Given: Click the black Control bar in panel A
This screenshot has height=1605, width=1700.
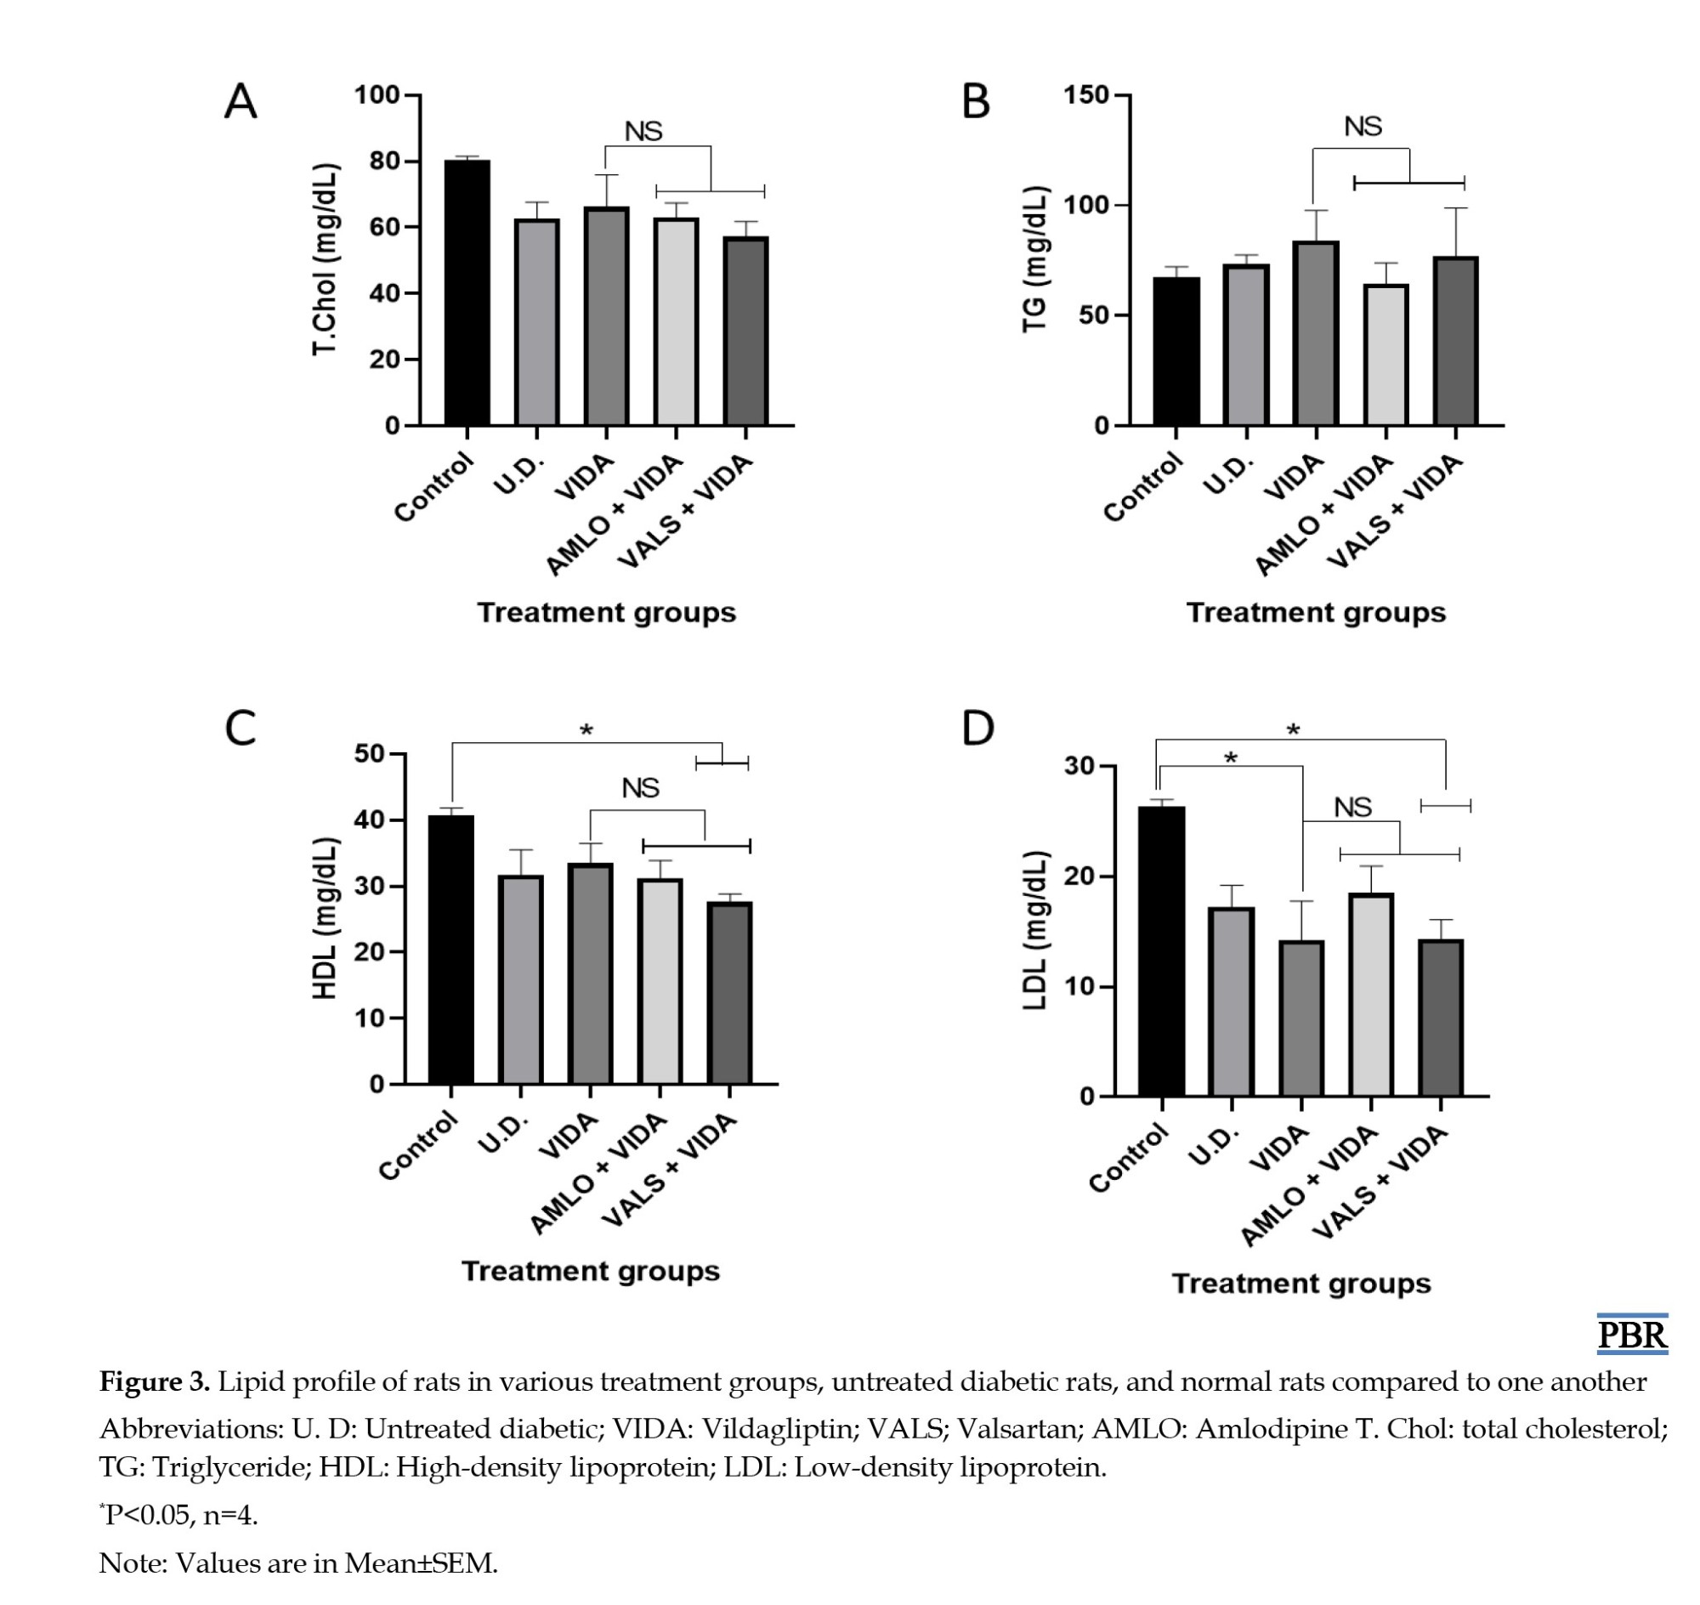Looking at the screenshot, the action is (x=467, y=292).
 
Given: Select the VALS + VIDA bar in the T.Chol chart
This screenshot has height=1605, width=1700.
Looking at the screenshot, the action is (x=746, y=331).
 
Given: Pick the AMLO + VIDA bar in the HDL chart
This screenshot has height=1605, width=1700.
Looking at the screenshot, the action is (x=660, y=981).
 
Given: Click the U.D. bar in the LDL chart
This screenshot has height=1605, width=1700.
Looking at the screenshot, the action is (x=1232, y=1001).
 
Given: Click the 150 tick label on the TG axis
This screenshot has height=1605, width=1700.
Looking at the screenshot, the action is (x=1086, y=95).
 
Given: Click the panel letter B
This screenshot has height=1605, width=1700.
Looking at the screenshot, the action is (x=976, y=101).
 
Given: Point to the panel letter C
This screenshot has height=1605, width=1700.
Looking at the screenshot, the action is (x=241, y=729).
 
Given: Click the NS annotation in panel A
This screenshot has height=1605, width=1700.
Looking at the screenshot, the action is (x=643, y=132).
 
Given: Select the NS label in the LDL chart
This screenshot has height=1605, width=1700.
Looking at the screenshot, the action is (x=1352, y=807).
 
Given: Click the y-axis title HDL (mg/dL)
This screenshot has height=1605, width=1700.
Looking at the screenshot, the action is (x=325, y=918).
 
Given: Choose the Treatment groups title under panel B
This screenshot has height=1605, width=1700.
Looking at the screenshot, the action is (x=1316, y=613).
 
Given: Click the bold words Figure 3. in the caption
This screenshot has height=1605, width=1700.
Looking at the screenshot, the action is (x=155, y=1381).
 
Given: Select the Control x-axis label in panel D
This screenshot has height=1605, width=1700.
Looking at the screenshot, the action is (x=1129, y=1158).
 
